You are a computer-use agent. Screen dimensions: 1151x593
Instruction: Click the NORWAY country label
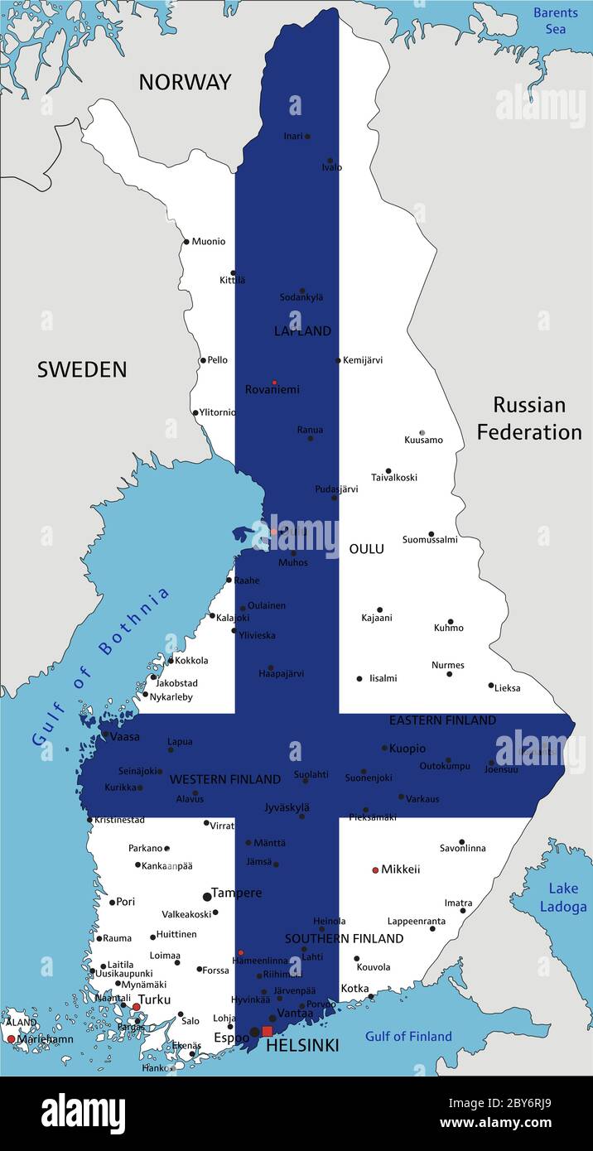point(185,82)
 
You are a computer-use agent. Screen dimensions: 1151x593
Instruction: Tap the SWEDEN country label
point(82,369)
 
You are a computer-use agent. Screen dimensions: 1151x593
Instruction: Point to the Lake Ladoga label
point(563,897)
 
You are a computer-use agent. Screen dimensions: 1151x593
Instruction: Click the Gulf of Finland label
point(409,1036)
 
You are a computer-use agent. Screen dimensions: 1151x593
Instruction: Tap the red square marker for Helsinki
point(267,1031)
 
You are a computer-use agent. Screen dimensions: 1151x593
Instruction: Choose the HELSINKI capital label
point(302,1047)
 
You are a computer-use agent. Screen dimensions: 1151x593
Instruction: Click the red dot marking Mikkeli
point(375,870)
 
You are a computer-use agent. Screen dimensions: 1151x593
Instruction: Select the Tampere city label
point(237,893)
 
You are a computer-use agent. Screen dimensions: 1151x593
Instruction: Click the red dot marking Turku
point(137,1007)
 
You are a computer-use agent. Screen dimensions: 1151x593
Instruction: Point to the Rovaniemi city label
point(272,389)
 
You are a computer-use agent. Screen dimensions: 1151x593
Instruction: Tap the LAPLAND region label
point(302,331)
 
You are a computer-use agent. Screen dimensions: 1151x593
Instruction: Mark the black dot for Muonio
point(186,242)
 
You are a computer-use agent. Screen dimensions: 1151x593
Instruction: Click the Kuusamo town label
point(423,440)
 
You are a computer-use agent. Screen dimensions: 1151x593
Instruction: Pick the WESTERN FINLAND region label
point(224,779)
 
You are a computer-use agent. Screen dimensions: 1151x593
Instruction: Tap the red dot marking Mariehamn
point(11,1038)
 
